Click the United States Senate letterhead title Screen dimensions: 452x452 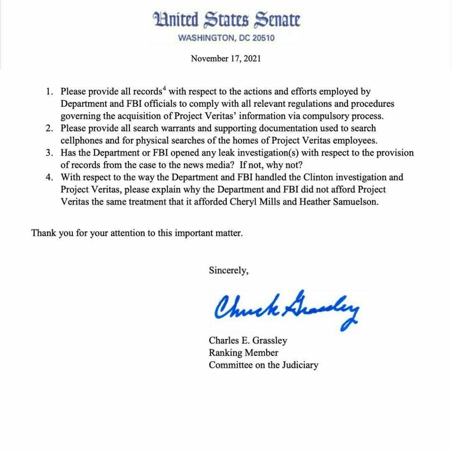coord(226,20)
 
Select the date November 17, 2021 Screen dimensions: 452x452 coord(226,58)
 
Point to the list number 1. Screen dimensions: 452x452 coord(49,92)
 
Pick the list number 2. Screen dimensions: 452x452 coord(49,128)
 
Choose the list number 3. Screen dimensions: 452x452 coord(49,153)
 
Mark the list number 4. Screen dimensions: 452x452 coord(49,177)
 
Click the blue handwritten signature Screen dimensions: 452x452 coord(287,309)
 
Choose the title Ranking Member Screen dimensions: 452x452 coord(243,353)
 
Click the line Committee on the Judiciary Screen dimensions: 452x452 coord(263,365)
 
